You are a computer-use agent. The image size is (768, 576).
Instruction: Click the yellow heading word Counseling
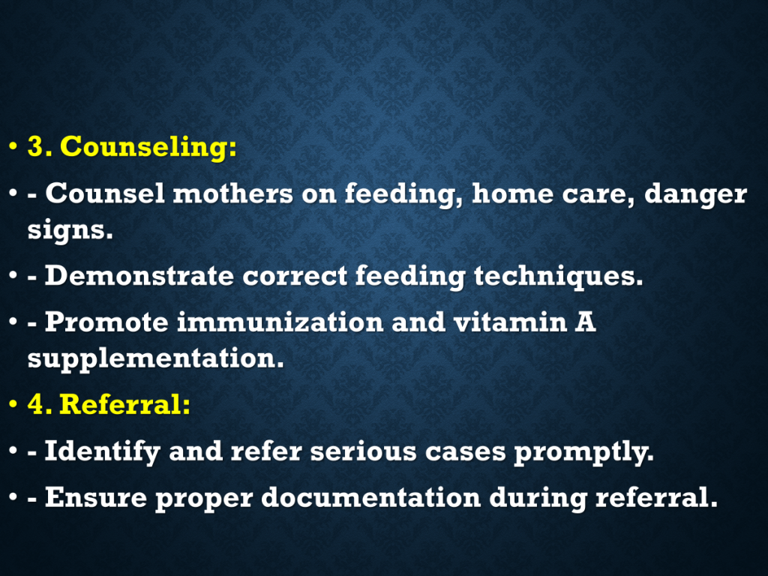[148, 147]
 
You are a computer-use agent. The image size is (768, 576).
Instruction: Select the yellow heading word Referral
[124, 404]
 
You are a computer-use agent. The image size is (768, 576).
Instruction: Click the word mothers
[233, 194]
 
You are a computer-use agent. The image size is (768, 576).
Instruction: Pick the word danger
[695, 195]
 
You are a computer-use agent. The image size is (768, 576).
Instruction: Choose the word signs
[70, 230]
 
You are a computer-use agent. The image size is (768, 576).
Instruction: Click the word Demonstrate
[139, 276]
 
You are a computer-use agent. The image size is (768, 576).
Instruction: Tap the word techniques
[558, 277]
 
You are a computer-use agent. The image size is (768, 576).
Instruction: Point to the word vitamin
[510, 322]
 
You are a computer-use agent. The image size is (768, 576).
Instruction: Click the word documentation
[370, 498]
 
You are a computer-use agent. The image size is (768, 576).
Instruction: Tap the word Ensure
[96, 498]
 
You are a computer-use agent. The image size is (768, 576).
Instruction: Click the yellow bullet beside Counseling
[13, 146]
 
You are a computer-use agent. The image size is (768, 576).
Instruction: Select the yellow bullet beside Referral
[13, 404]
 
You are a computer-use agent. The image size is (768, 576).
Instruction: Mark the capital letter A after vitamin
[585, 322]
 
